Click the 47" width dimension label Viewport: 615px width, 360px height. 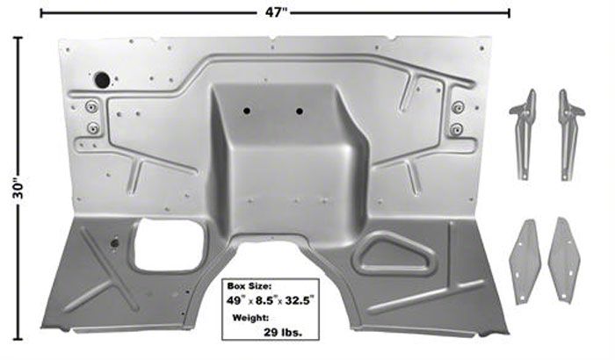(x=276, y=12)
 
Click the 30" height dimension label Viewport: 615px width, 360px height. (x=18, y=189)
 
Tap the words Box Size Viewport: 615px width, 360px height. (x=249, y=286)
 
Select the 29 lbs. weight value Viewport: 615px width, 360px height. (x=283, y=333)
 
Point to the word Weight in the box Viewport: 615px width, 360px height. (x=250, y=317)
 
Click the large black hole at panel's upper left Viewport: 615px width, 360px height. (x=103, y=80)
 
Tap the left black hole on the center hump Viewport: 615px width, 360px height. (x=246, y=111)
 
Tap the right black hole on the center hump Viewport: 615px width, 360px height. (x=300, y=112)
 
